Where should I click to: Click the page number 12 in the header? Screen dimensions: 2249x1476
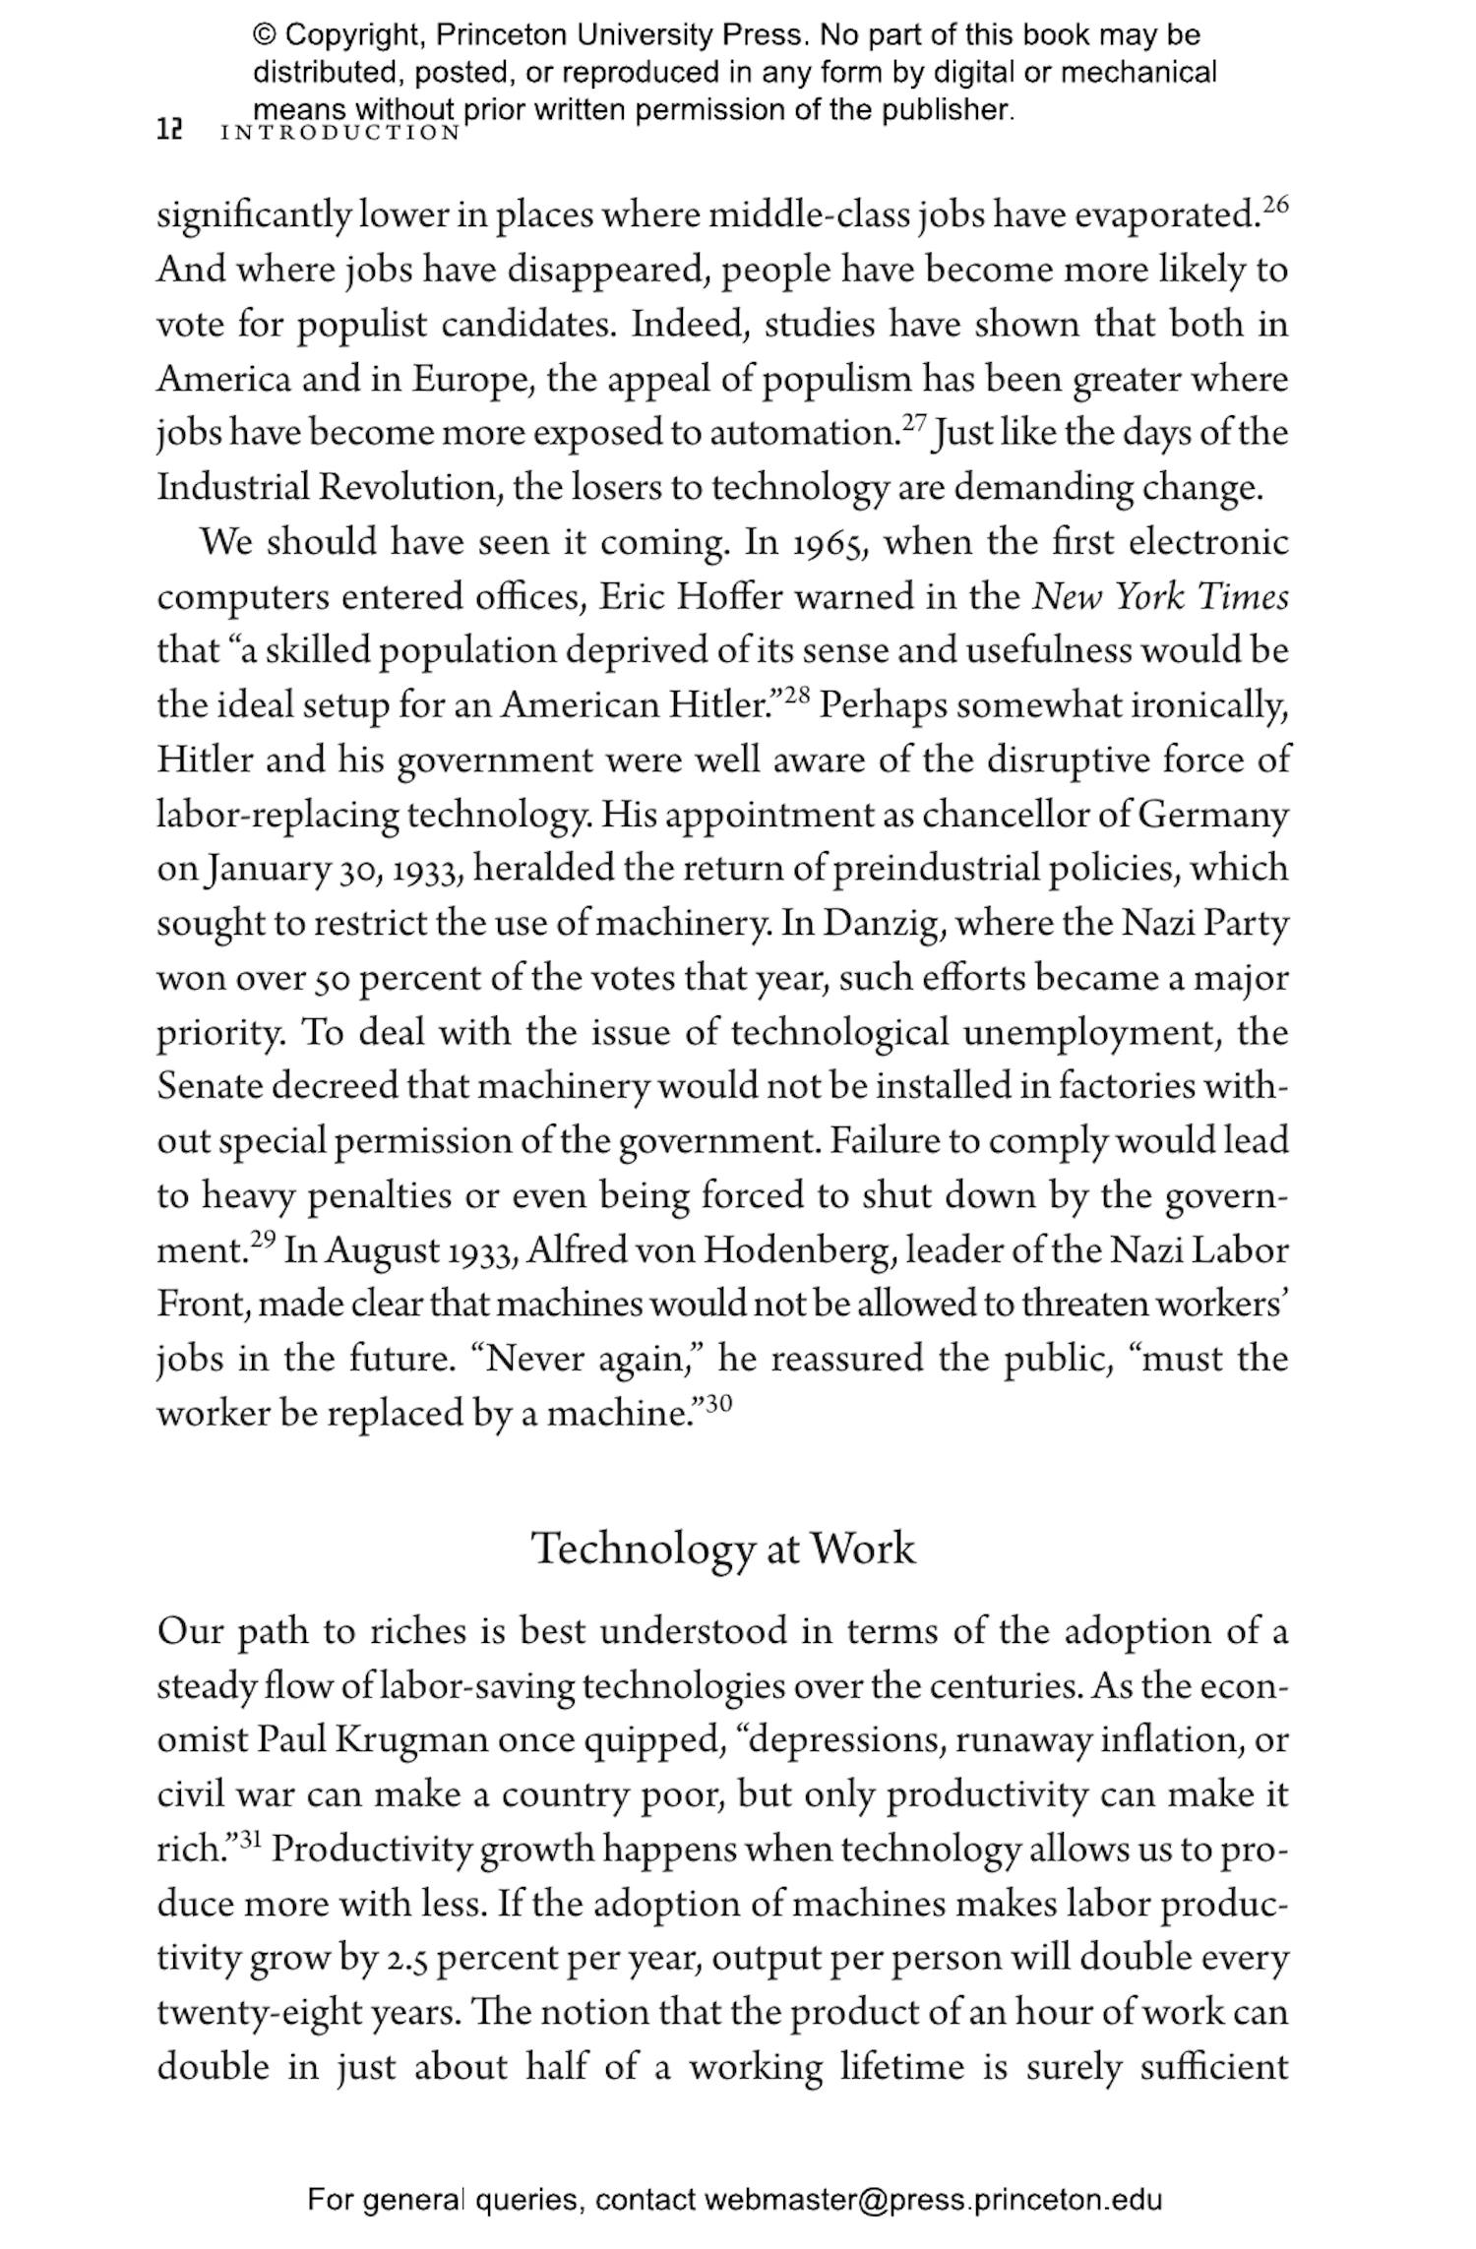tap(170, 130)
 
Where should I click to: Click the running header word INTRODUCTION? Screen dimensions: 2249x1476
tap(340, 133)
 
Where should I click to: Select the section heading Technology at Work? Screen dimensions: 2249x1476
tap(723, 1550)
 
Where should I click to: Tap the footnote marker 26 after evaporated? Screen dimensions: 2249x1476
tap(1274, 205)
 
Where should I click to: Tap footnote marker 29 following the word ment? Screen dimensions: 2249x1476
tap(262, 1240)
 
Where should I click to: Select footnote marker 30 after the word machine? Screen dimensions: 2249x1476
tap(719, 1403)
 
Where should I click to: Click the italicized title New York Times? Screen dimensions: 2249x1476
tap(1160, 597)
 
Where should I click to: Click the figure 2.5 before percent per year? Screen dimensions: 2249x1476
tap(407, 1959)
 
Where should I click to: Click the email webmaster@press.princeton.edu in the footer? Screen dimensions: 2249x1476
tap(932, 2200)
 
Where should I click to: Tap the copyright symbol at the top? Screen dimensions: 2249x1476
tap(265, 35)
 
